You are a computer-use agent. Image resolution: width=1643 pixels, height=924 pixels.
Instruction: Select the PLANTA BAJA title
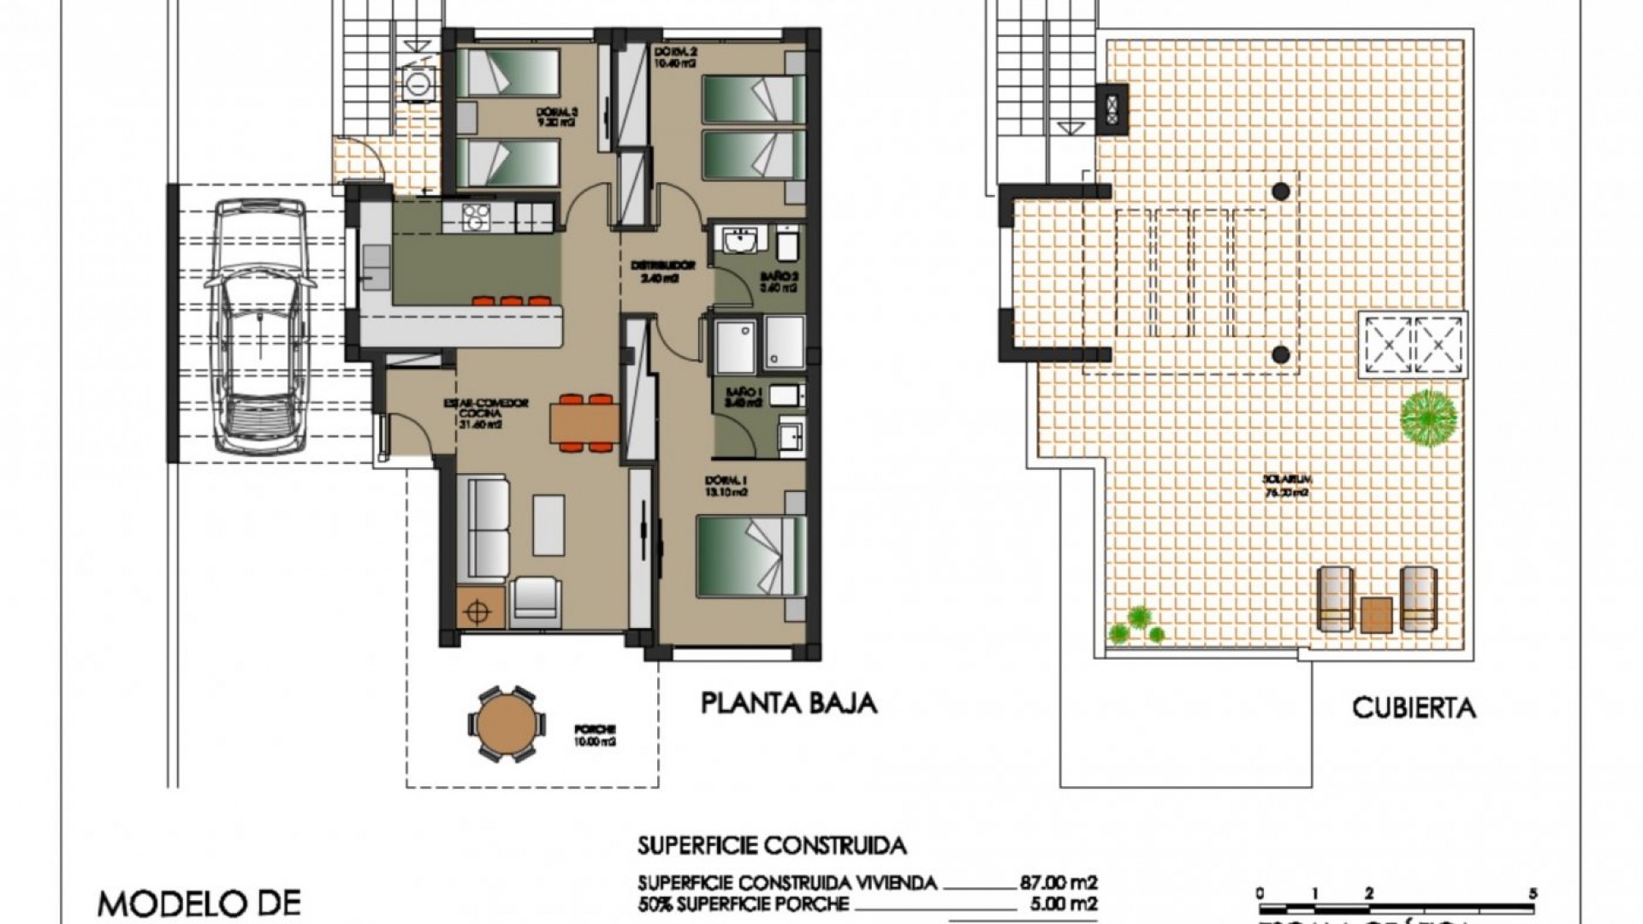pyautogui.click(x=789, y=703)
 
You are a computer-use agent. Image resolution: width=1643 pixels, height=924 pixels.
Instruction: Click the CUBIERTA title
pyautogui.click(x=1414, y=708)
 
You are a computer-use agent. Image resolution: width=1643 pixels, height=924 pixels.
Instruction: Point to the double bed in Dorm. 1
pyautogui.click(x=750, y=556)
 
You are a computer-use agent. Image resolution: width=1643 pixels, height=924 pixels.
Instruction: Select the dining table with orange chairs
pyautogui.click(x=585, y=422)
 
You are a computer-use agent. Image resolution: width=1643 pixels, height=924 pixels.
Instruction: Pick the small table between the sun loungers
pyautogui.click(x=1376, y=613)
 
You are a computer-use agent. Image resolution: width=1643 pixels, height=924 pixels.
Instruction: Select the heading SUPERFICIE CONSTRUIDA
pyautogui.click(x=771, y=846)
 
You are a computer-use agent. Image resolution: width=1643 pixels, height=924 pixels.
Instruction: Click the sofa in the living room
pyautogui.click(x=482, y=530)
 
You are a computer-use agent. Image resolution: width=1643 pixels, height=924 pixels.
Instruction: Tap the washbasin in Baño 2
pyautogui.click(x=738, y=240)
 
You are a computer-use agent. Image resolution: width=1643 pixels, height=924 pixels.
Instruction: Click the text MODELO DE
pyautogui.click(x=199, y=903)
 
